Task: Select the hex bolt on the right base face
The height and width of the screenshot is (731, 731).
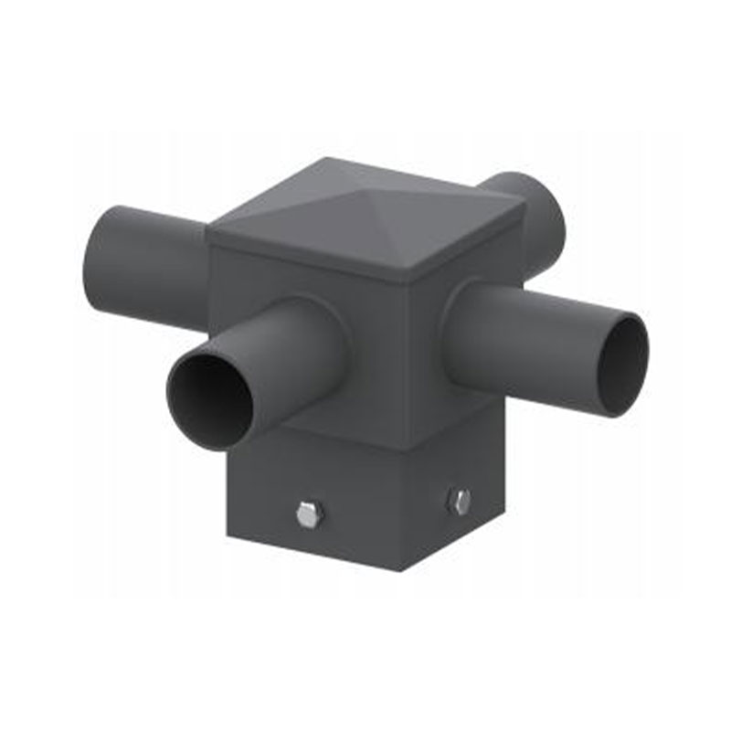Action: pos(460,501)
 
